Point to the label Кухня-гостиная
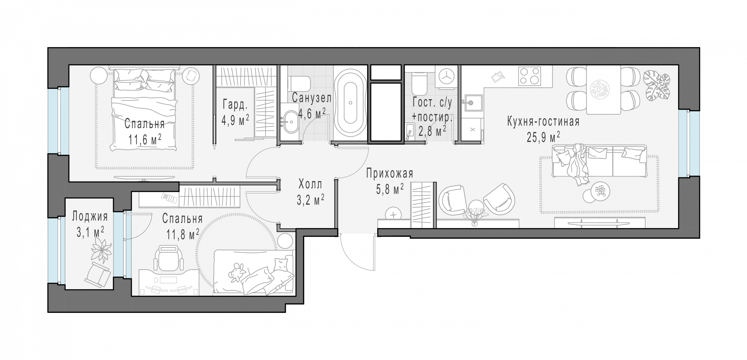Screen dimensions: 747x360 [x=543, y=122]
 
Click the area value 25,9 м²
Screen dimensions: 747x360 [x=543, y=137]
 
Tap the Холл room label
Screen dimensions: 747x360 [x=310, y=184]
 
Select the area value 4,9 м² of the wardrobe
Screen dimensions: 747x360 [x=235, y=120]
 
